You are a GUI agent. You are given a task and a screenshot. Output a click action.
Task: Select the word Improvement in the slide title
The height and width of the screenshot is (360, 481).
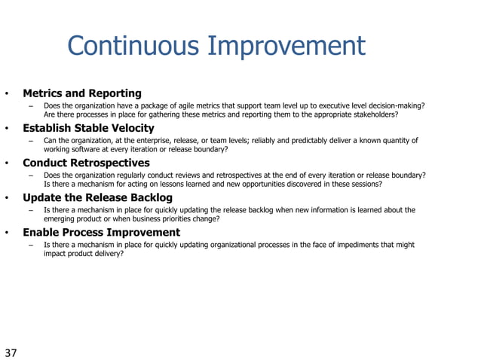point(286,46)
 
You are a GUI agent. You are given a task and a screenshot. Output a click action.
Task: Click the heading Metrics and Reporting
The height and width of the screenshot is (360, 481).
point(82,93)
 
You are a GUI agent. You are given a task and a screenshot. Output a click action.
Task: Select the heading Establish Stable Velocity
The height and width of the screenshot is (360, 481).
point(88,128)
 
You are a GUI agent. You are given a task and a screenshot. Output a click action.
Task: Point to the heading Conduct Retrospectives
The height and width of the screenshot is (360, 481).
point(86,163)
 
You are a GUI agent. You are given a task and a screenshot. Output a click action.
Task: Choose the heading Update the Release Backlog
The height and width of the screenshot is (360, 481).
point(97,197)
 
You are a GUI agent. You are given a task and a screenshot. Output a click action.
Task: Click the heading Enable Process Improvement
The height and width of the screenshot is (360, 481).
point(101,232)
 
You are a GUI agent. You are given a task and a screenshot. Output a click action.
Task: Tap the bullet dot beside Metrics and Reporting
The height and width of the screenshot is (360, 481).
point(6,94)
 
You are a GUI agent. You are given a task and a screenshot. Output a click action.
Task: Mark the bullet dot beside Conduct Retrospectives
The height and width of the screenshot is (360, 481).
point(6,163)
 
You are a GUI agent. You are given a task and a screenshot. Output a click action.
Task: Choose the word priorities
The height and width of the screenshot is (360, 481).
point(184,219)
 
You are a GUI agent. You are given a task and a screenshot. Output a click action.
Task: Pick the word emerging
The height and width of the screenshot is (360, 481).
point(60,219)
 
